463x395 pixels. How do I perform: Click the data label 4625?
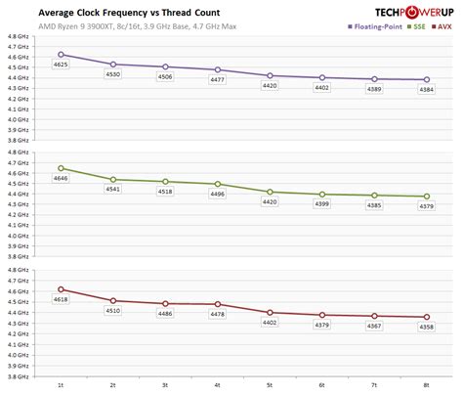(61, 65)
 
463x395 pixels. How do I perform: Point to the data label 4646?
(61, 178)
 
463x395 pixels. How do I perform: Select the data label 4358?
(427, 328)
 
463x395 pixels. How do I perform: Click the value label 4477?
(217, 80)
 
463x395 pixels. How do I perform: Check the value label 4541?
(113, 190)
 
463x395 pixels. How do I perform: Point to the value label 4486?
(165, 314)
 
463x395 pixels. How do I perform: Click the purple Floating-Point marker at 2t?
(113, 64)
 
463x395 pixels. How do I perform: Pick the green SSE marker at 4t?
(217, 184)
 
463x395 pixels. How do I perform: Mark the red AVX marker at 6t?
(322, 315)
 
